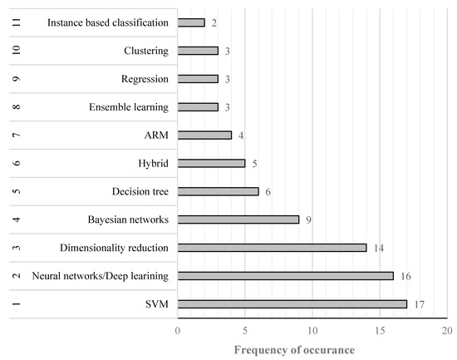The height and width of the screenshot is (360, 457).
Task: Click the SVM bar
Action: [x=292, y=303]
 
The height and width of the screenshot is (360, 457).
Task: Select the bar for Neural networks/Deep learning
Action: [x=285, y=276]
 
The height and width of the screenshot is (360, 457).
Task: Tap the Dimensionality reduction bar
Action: [x=272, y=248]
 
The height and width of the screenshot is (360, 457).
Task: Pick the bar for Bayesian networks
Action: [x=238, y=219]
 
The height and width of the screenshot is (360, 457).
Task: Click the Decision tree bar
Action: [x=218, y=191]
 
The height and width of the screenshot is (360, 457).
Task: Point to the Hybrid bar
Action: [x=211, y=163]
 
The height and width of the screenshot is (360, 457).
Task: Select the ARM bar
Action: [x=204, y=135]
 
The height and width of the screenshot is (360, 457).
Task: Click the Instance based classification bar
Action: [x=191, y=22]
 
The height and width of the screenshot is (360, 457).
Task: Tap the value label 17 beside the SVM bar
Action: [x=419, y=304]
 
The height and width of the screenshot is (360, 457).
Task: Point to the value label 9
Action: [x=307, y=219]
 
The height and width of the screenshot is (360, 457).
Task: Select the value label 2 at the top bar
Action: [x=214, y=23]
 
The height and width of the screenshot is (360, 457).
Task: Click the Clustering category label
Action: [x=146, y=51]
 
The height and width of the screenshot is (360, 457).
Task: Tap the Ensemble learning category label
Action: [x=129, y=107]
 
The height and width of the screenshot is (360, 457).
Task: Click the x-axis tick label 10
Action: [x=312, y=330]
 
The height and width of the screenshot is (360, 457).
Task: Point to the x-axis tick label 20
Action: [x=446, y=330]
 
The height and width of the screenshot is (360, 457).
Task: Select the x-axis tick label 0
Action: [x=178, y=330]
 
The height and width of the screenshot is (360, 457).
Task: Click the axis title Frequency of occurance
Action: [x=295, y=349]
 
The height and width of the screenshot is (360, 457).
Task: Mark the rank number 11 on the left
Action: [x=17, y=22]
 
